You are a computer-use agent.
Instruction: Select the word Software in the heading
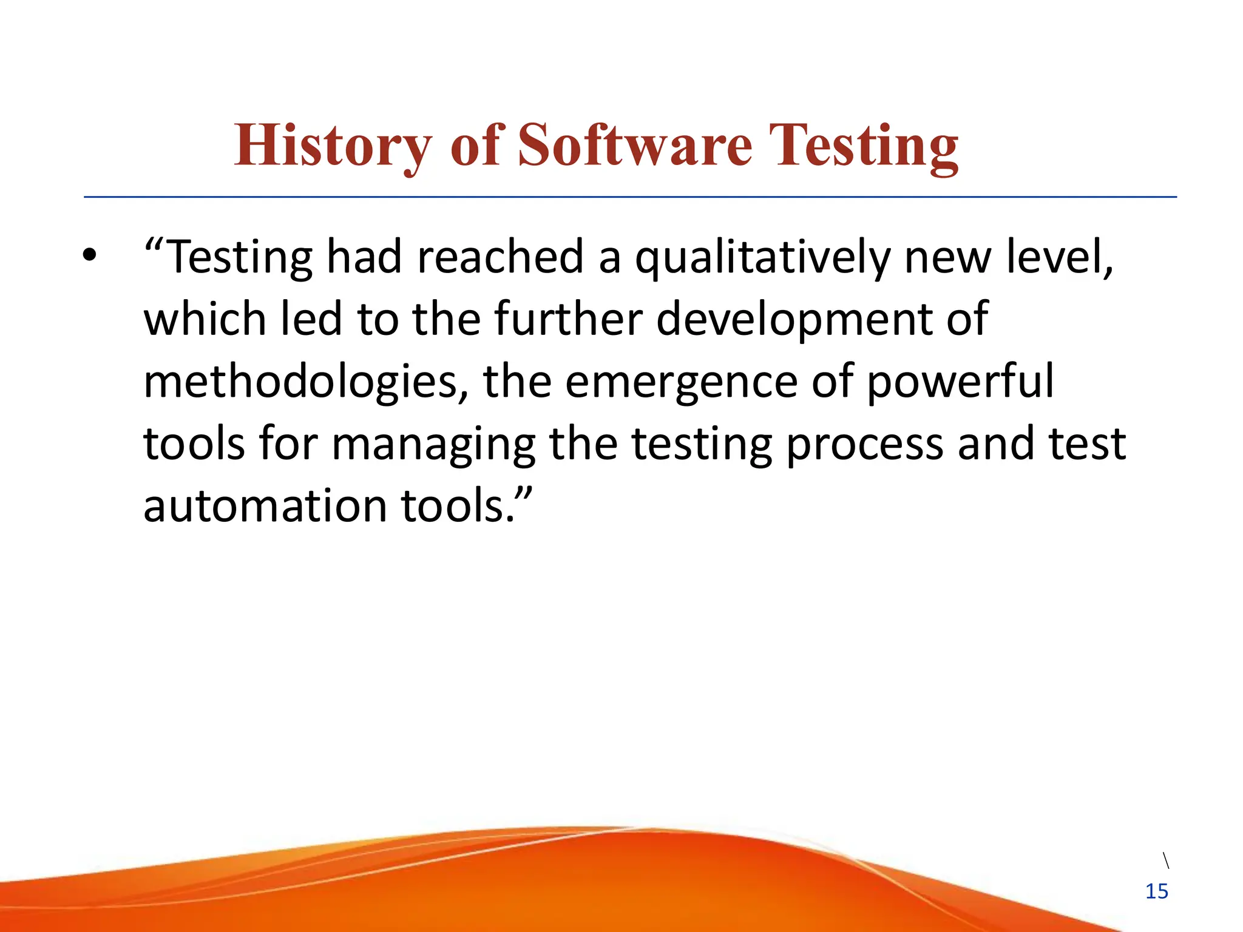[635, 146]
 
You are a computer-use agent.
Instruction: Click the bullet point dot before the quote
[90, 255]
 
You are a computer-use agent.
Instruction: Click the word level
[1059, 257]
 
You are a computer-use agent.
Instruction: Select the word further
[568, 319]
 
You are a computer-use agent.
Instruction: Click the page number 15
[1156, 891]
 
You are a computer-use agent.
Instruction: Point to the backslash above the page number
[1166, 860]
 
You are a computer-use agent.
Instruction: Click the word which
[205, 319]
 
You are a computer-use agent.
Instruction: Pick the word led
[311, 319]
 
